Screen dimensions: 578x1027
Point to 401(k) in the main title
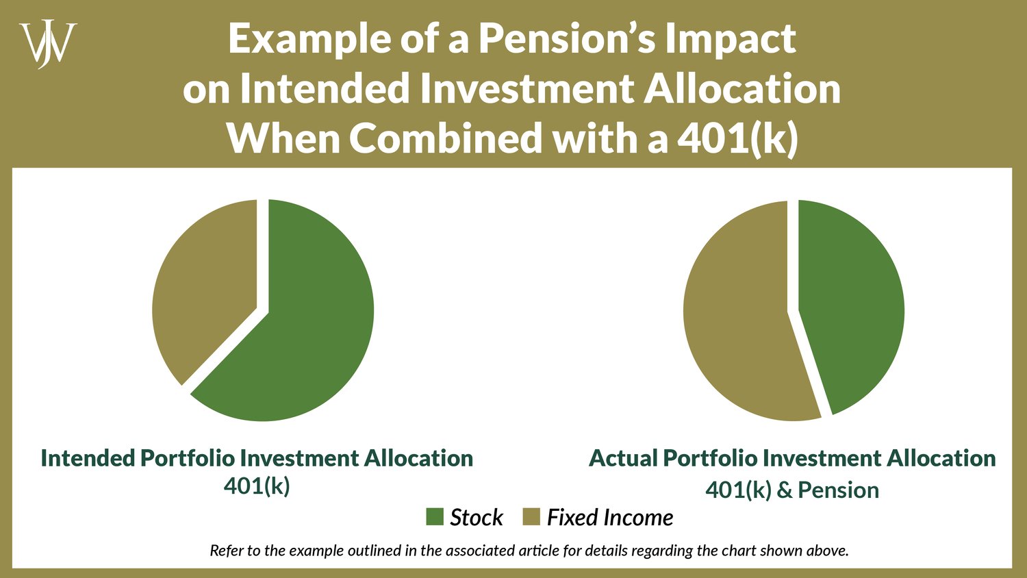click(x=737, y=138)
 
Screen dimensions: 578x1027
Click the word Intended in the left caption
click(x=88, y=457)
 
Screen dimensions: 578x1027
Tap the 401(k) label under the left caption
click(x=257, y=486)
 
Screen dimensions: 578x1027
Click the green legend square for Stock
click(x=435, y=517)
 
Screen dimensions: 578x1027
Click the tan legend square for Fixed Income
click(x=531, y=517)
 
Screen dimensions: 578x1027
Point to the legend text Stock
click(x=477, y=517)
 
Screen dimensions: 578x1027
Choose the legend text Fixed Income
click(x=610, y=517)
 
